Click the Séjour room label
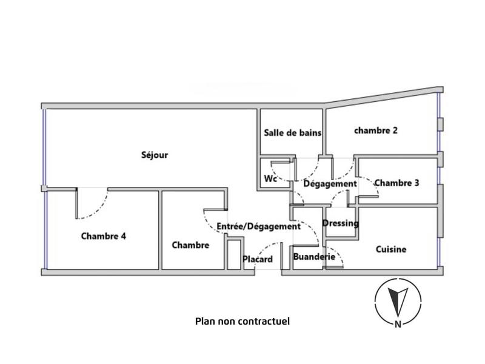(155, 155)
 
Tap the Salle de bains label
(292, 132)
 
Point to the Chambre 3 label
(396, 183)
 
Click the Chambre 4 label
(103, 237)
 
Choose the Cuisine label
(391, 249)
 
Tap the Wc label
(270, 180)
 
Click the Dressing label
(340, 223)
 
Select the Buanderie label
(314, 257)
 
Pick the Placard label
(258, 260)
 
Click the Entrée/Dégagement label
(258, 226)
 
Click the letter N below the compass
(398, 324)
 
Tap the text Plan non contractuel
(242, 321)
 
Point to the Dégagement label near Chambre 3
(330, 184)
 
